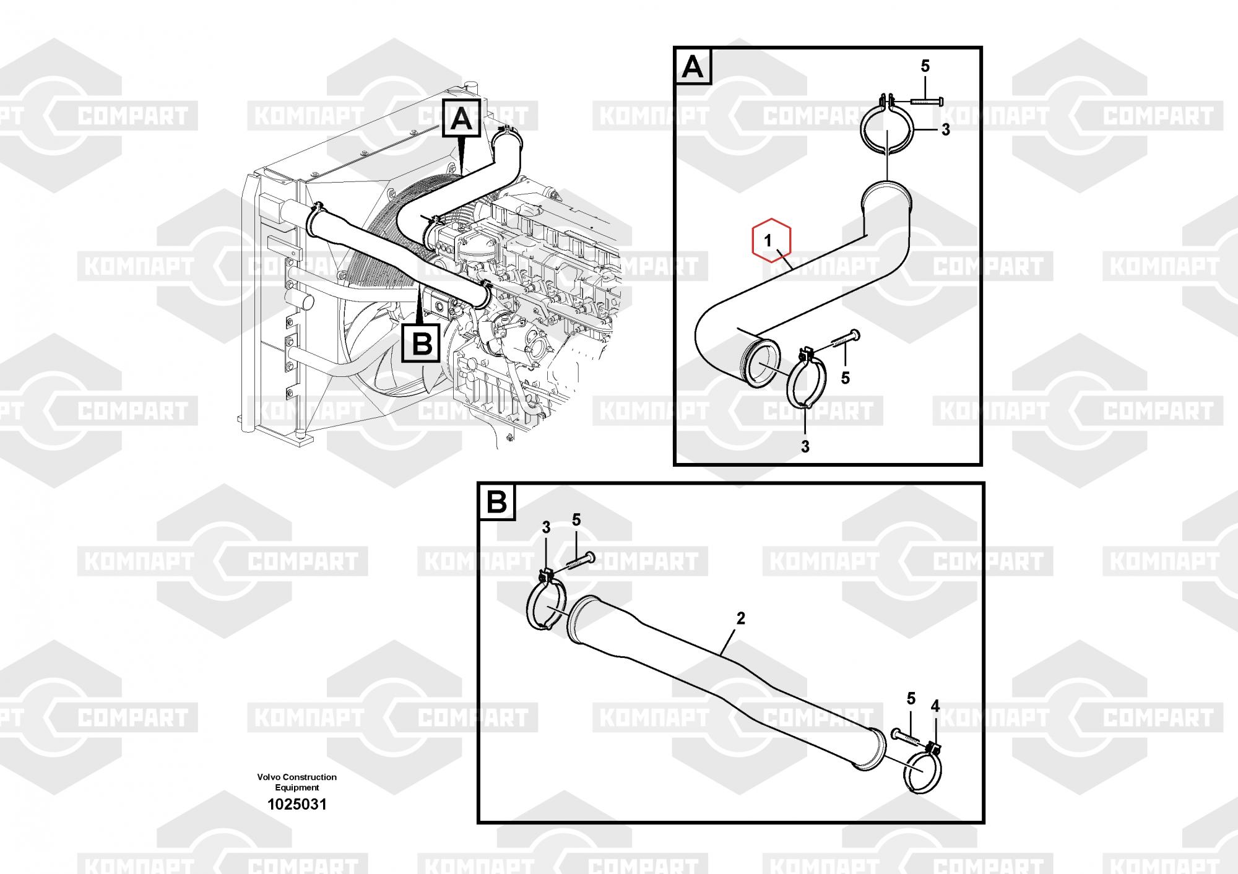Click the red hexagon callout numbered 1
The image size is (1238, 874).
[x=771, y=240]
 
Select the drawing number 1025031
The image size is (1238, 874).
[x=297, y=805]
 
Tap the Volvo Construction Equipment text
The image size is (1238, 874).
[x=297, y=782]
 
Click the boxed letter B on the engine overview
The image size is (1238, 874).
[x=422, y=344]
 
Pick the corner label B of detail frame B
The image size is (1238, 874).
[x=496, y=502]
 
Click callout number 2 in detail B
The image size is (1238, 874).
[x=740, y=618]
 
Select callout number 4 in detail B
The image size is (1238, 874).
[x=935, y=706]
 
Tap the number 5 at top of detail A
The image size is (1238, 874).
[x=925, y=66]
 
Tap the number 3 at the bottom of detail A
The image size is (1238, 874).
[x=805, y=446]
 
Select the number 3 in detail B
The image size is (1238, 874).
[x=546, y=527]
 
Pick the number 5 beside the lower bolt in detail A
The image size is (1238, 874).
[x=846, y=378]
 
